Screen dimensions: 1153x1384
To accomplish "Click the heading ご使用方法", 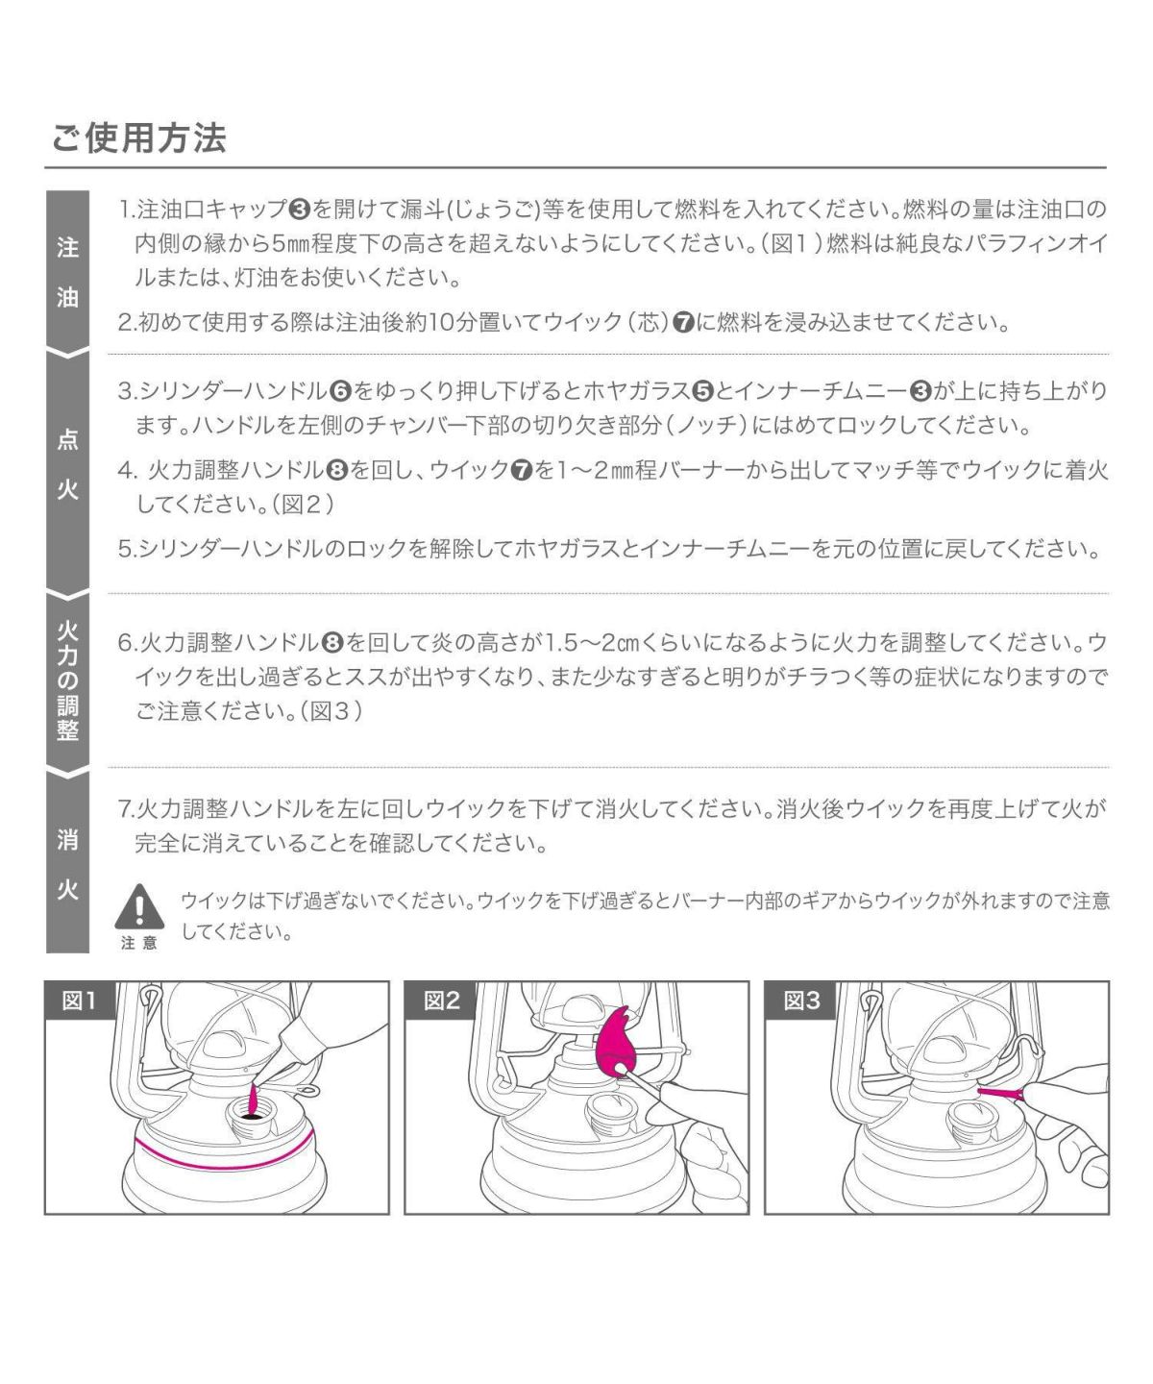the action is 139,138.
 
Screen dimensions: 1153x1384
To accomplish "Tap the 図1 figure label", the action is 79,1001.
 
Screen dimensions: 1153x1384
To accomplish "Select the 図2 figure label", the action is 441,1001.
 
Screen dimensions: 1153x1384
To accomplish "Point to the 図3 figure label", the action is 801,1001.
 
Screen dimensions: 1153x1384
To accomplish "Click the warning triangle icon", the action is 139,906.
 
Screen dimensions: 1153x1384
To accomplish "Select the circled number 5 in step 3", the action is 702,392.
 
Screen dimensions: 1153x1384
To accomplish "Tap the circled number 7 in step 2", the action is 683,323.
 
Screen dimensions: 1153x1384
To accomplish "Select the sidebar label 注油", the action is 67,273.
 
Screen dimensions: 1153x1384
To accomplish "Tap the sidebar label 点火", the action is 67,464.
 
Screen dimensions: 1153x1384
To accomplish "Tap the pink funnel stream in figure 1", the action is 253,1101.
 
